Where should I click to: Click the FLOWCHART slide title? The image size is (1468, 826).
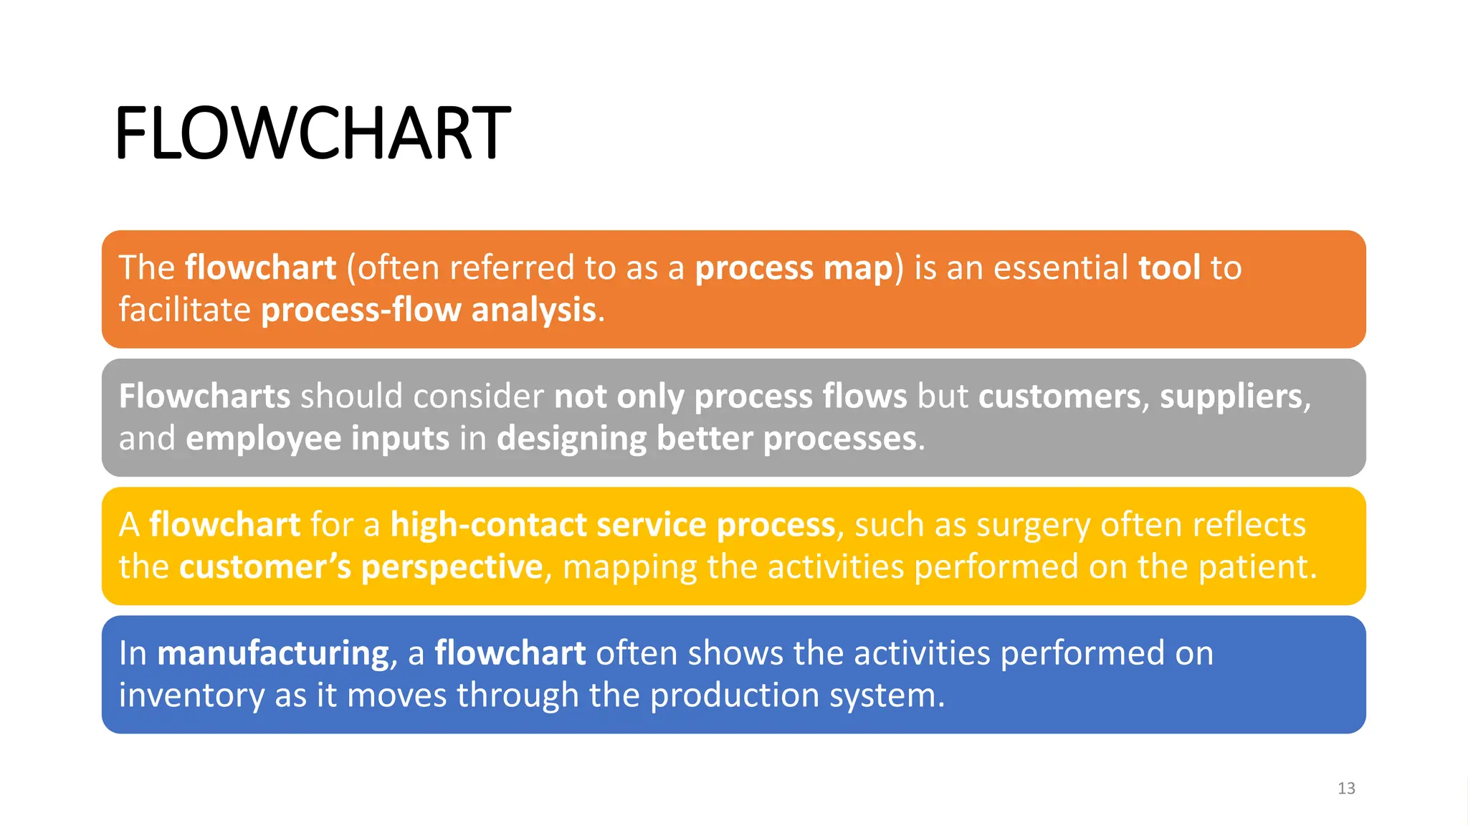pyautogui.click(x=313, y=133)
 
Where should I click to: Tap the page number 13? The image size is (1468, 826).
pyautogui.click(x=1346, y=788)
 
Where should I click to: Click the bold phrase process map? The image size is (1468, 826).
pyautogui.click(x=794, y=268)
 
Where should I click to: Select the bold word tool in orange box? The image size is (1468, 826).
pyautogui.click(x=1169, y=267)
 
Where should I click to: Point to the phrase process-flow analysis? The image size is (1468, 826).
pyautogui.click(x=429, y=310)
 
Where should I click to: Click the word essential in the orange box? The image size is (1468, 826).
pyautogui.click(x=1060, y=267)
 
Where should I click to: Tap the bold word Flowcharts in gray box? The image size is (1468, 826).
pyautogui.click(x=204, y=397)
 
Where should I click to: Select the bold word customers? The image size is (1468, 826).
pyautogui.click(x=1059, y=397)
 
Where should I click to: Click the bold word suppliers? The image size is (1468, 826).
pyautogui.click(x=1231, y=397)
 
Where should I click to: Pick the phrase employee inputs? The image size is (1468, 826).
pyautogui.click(x=317, y=439)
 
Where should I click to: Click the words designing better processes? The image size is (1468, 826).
pyautogui.click(x=706, y=439)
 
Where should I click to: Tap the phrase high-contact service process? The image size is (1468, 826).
pyautogui.click(x=613, y=525)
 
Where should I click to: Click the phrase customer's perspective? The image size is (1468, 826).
pyautogui.click(x=361, y=567)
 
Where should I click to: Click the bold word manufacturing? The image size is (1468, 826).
pyautogui.click(x=273, y=653)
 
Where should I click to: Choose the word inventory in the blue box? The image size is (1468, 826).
pyautogui.click(x=191, y=696)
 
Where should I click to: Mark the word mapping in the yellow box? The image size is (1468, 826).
pyautogui.click(x=629, y=567)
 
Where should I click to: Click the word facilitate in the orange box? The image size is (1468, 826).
pyautogui.click(x=184, y=310)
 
